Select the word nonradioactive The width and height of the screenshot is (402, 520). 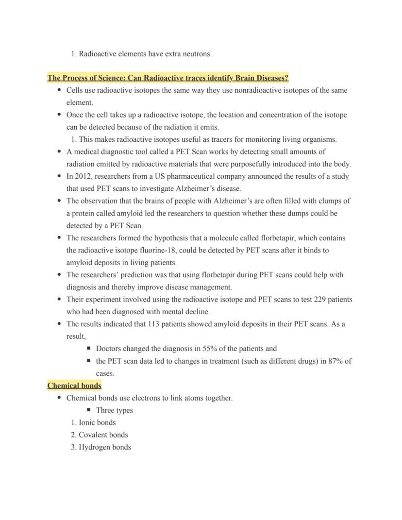pyautogui.click(x=257, y=90)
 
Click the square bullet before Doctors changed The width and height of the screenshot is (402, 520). pyautogui.click(x=89, y=349)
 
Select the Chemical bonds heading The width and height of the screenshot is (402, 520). pyautogui.click(x=74, y=386)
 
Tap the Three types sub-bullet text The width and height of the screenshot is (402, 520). pyautogui.click(x=114, y=410)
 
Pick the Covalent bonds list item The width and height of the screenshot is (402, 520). pyautogui.click(x=103, y=435)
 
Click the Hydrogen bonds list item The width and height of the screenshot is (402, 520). pyautogui.click(x=104, y=447)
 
